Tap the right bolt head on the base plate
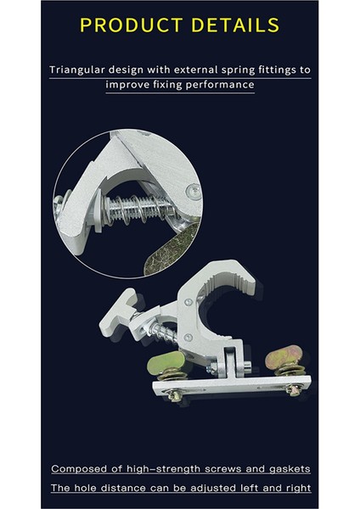[x=292, y=389]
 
